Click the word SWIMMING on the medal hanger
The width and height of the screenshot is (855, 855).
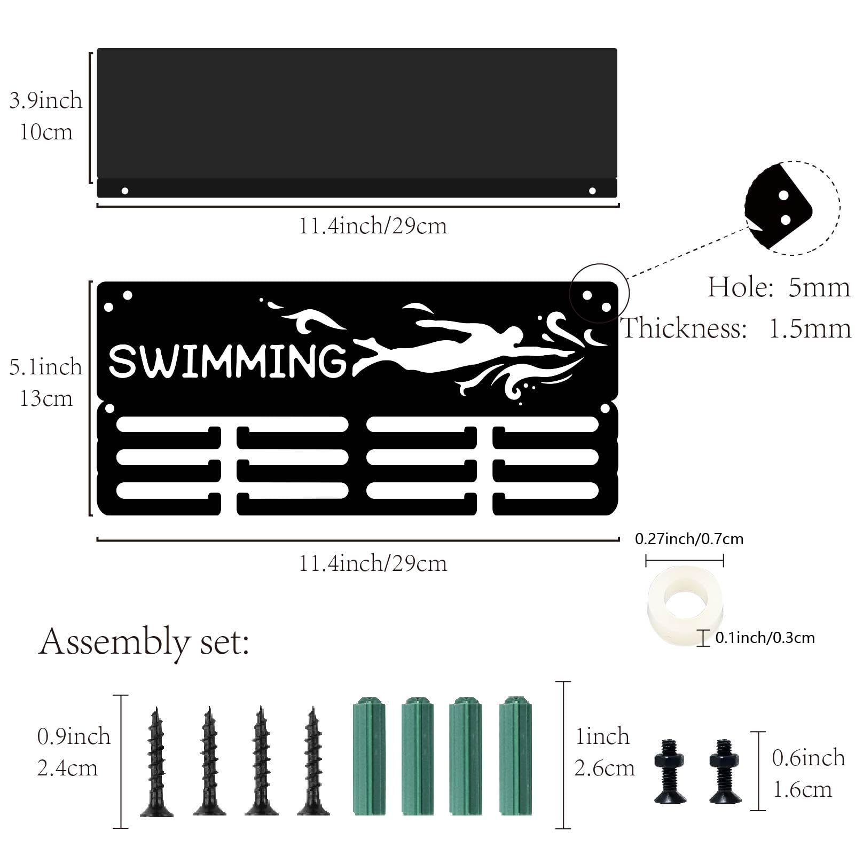click(x=228, y=361)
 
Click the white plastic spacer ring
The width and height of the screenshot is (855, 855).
click(x=685, y=599)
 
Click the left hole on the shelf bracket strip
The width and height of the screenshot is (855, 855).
click(x=125, y=191)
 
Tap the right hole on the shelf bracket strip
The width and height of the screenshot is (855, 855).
click(x=592, y=191)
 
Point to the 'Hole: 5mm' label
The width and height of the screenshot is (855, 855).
click(x=779, y=287)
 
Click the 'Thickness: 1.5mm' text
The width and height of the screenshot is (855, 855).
click(x=736, y=328)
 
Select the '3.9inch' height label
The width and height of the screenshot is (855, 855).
click(x=46, y=100)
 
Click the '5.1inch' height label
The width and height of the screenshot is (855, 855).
click(x=46, y=367)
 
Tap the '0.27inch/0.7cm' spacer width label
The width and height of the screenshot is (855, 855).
click(x=689, y=539)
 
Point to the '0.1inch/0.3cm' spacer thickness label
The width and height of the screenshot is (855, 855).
click(x=765, y=638)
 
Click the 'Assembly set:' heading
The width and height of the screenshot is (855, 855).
click(x=144, y=642)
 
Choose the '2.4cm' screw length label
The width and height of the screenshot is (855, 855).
click(x=67, y=768)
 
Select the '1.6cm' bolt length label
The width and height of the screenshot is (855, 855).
click(x=803, y=790)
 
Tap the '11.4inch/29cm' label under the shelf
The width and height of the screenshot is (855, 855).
click(x=372, y=226)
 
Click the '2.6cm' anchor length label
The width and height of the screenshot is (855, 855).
click(x=605, y=768)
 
